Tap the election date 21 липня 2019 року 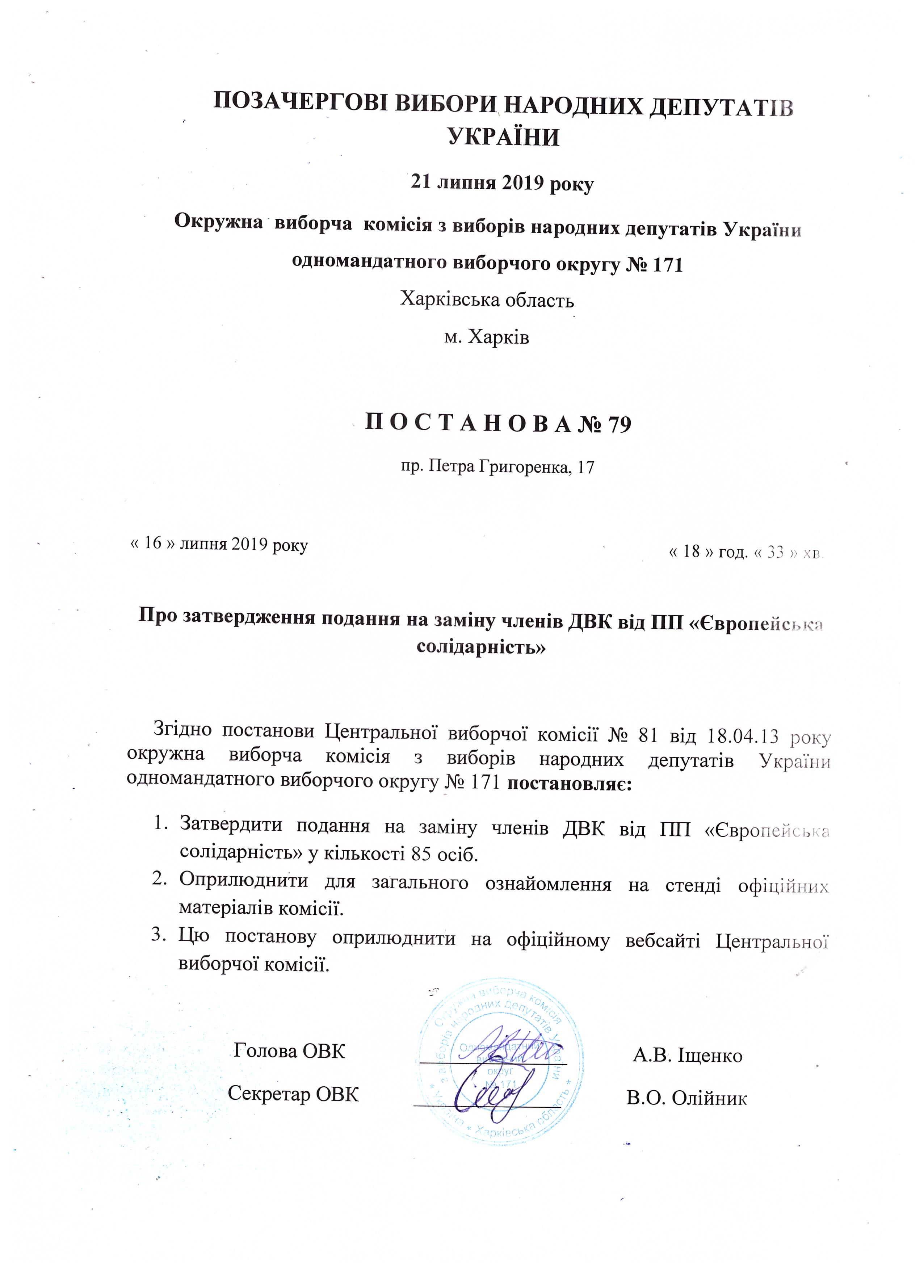[502, 183]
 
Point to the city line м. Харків [486, 337]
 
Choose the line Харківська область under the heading [486, 301]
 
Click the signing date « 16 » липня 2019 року [219, 544]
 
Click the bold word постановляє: [569, 782]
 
